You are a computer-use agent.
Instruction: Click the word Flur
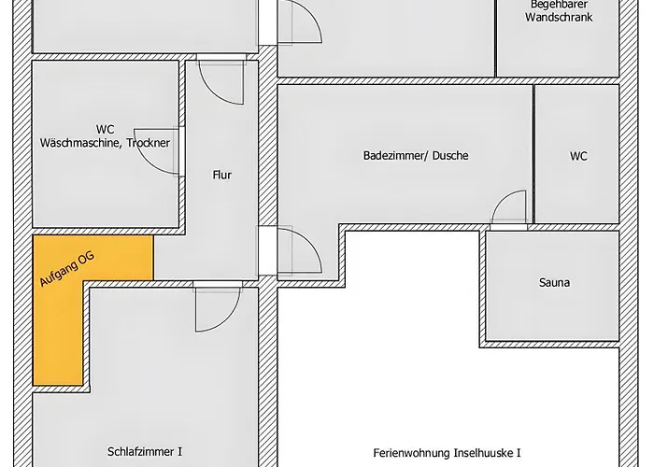click(x=221, y=175)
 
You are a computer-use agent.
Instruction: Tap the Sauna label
click(x=555, y=282)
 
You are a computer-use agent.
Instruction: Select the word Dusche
click(x=450, y=156)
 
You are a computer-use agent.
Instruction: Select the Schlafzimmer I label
click(x=144, y=451)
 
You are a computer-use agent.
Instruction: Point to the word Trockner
click(x=149, y=143)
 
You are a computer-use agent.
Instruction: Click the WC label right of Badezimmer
click(x=578, y=156)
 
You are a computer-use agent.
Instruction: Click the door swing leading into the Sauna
click(x=509, y=210)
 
